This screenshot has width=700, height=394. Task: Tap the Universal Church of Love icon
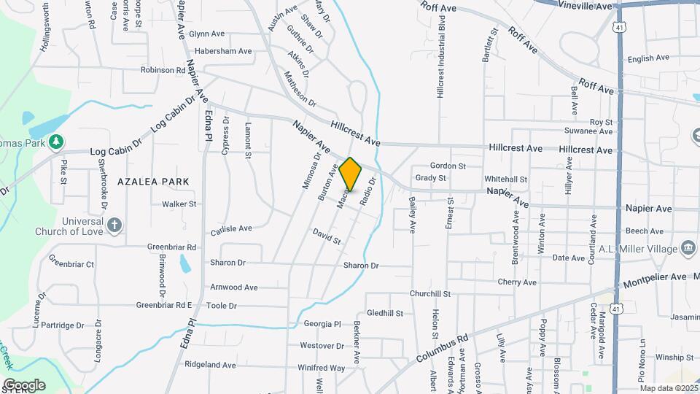(114, 225)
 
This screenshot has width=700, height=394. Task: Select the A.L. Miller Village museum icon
(687, 249)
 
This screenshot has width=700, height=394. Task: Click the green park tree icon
(56, 141)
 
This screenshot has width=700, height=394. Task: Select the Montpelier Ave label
(653, 278)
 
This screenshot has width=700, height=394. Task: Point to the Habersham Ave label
(223, 51)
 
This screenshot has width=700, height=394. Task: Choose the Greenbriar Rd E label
(164, 305)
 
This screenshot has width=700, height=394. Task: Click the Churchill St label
(429, 294)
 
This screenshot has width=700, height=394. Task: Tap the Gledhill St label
(384, 313)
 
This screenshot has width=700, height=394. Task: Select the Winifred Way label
(322, 368)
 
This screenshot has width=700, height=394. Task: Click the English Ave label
(647, 58)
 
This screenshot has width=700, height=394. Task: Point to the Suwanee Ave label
(588, 131)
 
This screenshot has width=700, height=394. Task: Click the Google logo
(24, 385)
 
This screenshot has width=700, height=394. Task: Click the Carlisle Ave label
(231, 229)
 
